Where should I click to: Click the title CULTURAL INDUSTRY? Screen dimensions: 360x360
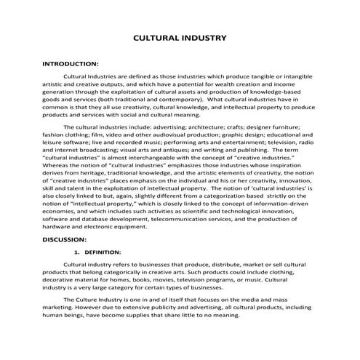coord(180,37)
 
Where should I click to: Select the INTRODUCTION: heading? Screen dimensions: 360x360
coord(71,64)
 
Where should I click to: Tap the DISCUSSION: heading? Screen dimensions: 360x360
coord(65,239)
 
